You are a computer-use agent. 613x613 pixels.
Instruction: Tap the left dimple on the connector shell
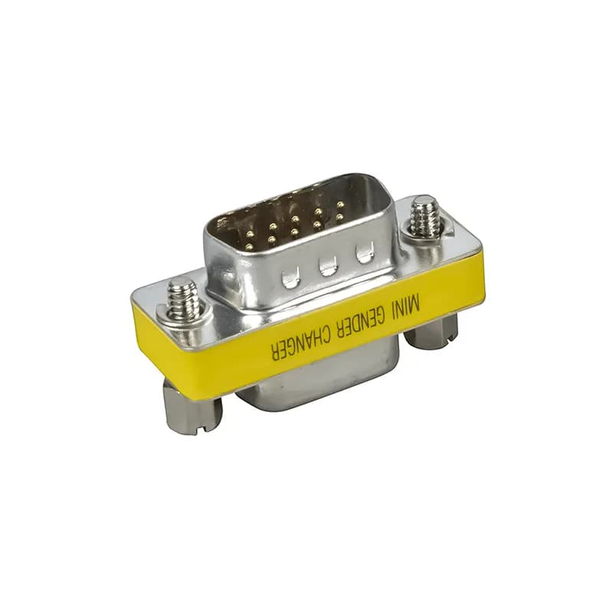290,277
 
